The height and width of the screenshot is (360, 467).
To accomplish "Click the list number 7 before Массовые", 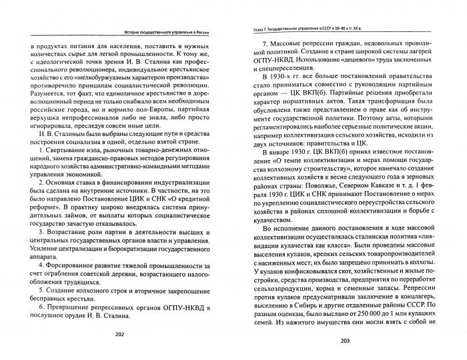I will (262, 44).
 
